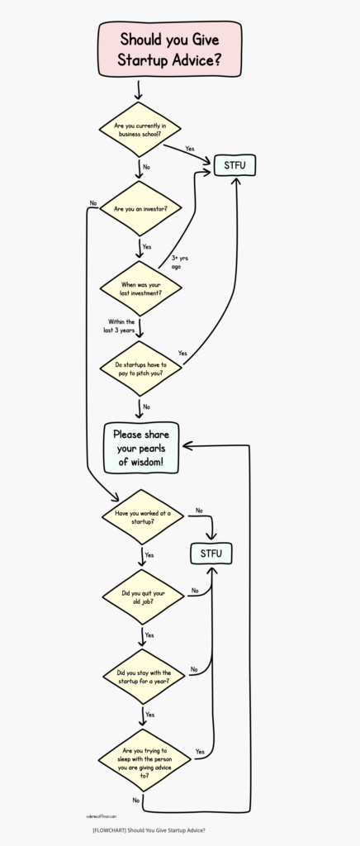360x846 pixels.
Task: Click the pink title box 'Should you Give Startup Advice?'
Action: [170, 49]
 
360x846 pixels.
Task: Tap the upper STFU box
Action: [234, 166]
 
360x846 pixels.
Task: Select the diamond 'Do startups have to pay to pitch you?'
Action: [140, 368]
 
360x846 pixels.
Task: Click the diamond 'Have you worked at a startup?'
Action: [140, 517]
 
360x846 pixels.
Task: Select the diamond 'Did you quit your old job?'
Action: [140, 597]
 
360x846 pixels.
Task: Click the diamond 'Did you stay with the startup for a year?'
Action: [140, 677]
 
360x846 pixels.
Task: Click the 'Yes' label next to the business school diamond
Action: [189, 149]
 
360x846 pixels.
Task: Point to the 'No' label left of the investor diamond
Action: [93, 202]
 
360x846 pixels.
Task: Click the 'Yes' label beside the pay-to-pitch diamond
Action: [182, 353]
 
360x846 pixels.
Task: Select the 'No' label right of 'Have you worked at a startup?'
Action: [198, 511]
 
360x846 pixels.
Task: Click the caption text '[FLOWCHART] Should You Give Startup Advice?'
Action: [149, 830]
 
